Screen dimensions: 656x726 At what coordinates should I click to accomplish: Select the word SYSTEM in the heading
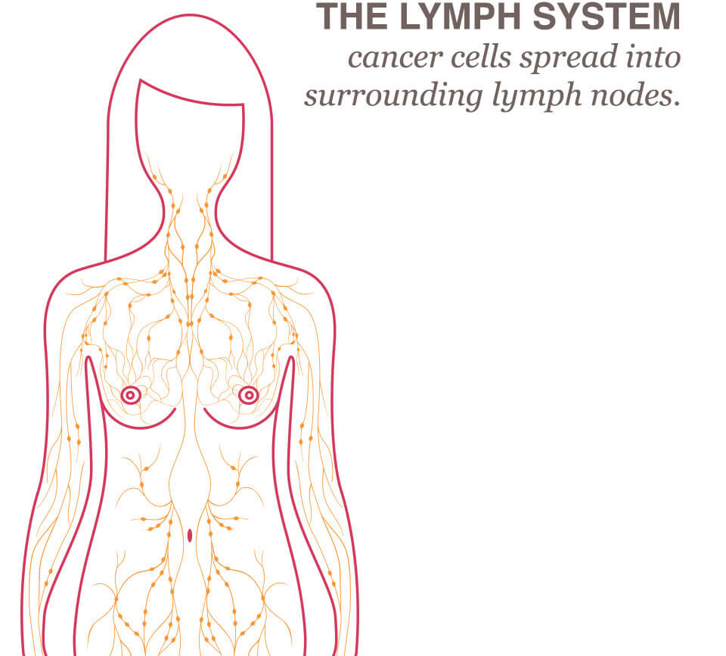pos(600,16)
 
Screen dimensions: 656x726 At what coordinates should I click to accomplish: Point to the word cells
pos(470,58)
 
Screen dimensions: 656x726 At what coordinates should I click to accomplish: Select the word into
pos(654,58)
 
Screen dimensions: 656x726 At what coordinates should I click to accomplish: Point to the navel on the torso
pos(189,536)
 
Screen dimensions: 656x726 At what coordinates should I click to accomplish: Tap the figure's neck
pos(189,219)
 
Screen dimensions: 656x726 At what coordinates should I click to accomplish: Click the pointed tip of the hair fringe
pos(139,80)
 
